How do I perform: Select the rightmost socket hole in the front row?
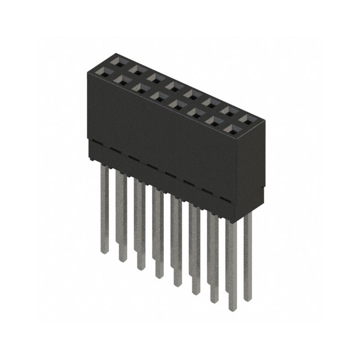tap(232, 130)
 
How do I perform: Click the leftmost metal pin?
tap(104, 207)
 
